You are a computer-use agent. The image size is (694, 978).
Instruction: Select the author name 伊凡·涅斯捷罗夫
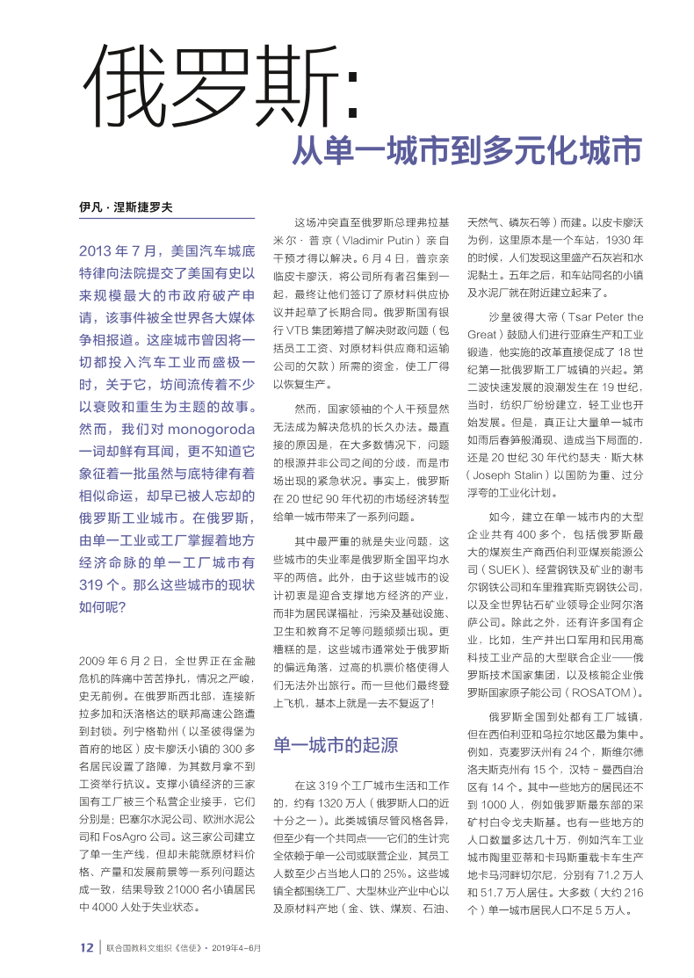pyautogui.click(x=126, y=207)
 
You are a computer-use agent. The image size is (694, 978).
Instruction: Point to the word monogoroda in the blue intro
pyautogui.click(x=211, y=431)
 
